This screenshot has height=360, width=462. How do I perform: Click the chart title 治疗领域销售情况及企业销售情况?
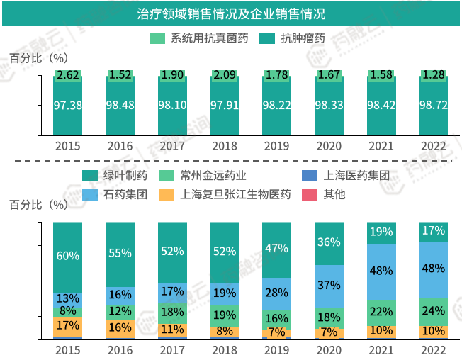pos(231,13)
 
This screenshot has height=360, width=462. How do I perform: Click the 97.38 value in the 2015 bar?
pos(68,105)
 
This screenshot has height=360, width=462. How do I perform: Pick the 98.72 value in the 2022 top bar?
pos(434,105)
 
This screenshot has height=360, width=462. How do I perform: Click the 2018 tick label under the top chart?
pos(225,147)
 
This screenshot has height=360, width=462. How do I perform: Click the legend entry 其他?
pos(334,193)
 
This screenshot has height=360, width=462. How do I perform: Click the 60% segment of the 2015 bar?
pos(68,256)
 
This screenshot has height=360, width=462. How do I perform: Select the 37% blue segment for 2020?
pos(329,285)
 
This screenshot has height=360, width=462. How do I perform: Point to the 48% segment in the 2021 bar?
pos(381,271)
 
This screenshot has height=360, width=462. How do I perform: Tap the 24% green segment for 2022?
pos(434,311)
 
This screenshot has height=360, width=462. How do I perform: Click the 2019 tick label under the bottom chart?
pos(276,350)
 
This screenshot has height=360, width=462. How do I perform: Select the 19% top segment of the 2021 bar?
pos(381,232)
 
